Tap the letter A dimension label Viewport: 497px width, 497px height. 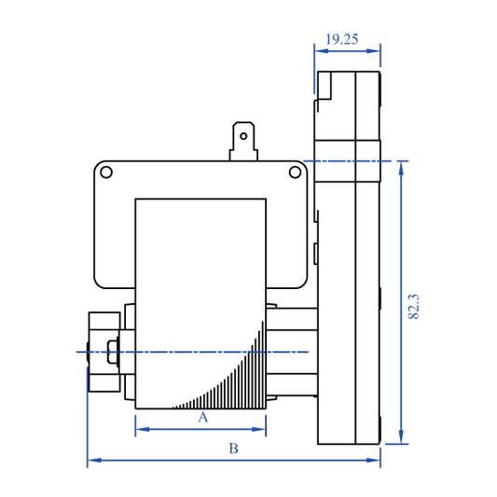[202, 418]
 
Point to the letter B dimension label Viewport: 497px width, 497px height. [234, 449]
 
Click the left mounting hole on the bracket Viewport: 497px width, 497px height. [107, 172]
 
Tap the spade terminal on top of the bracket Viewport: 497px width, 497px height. [243, 141]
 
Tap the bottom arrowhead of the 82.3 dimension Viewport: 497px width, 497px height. [402, 439]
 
